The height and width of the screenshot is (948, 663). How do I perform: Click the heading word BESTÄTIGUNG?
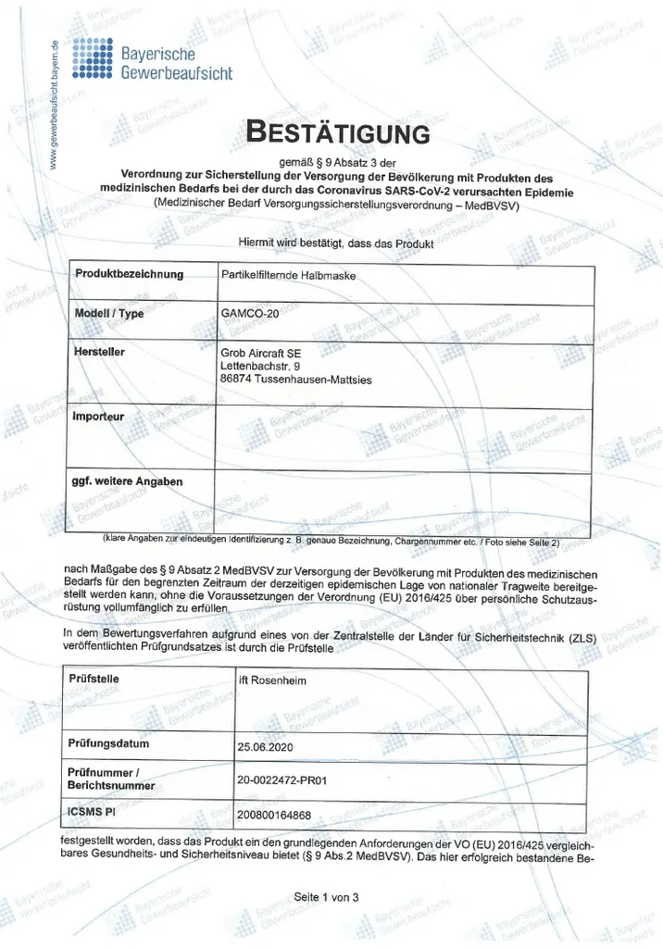click(337, 132)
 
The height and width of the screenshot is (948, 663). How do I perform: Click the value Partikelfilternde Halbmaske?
click(288, 275)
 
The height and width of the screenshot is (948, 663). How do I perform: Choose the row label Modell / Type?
click(109, 313)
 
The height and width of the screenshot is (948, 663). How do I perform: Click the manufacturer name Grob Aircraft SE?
click(260, 353)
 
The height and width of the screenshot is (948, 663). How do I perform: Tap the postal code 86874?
click(240, 379)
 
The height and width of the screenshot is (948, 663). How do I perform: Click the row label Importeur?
click(98, 416)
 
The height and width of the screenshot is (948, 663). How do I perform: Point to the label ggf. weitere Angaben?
click(127, 481)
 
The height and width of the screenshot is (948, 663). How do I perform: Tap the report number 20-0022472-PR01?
click(283, 780)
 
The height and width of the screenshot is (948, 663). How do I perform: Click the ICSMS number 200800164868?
click(274, 815)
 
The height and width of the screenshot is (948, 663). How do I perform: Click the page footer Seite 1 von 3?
click(325, 897)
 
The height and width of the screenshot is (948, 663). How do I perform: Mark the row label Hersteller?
click(99, 352)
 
